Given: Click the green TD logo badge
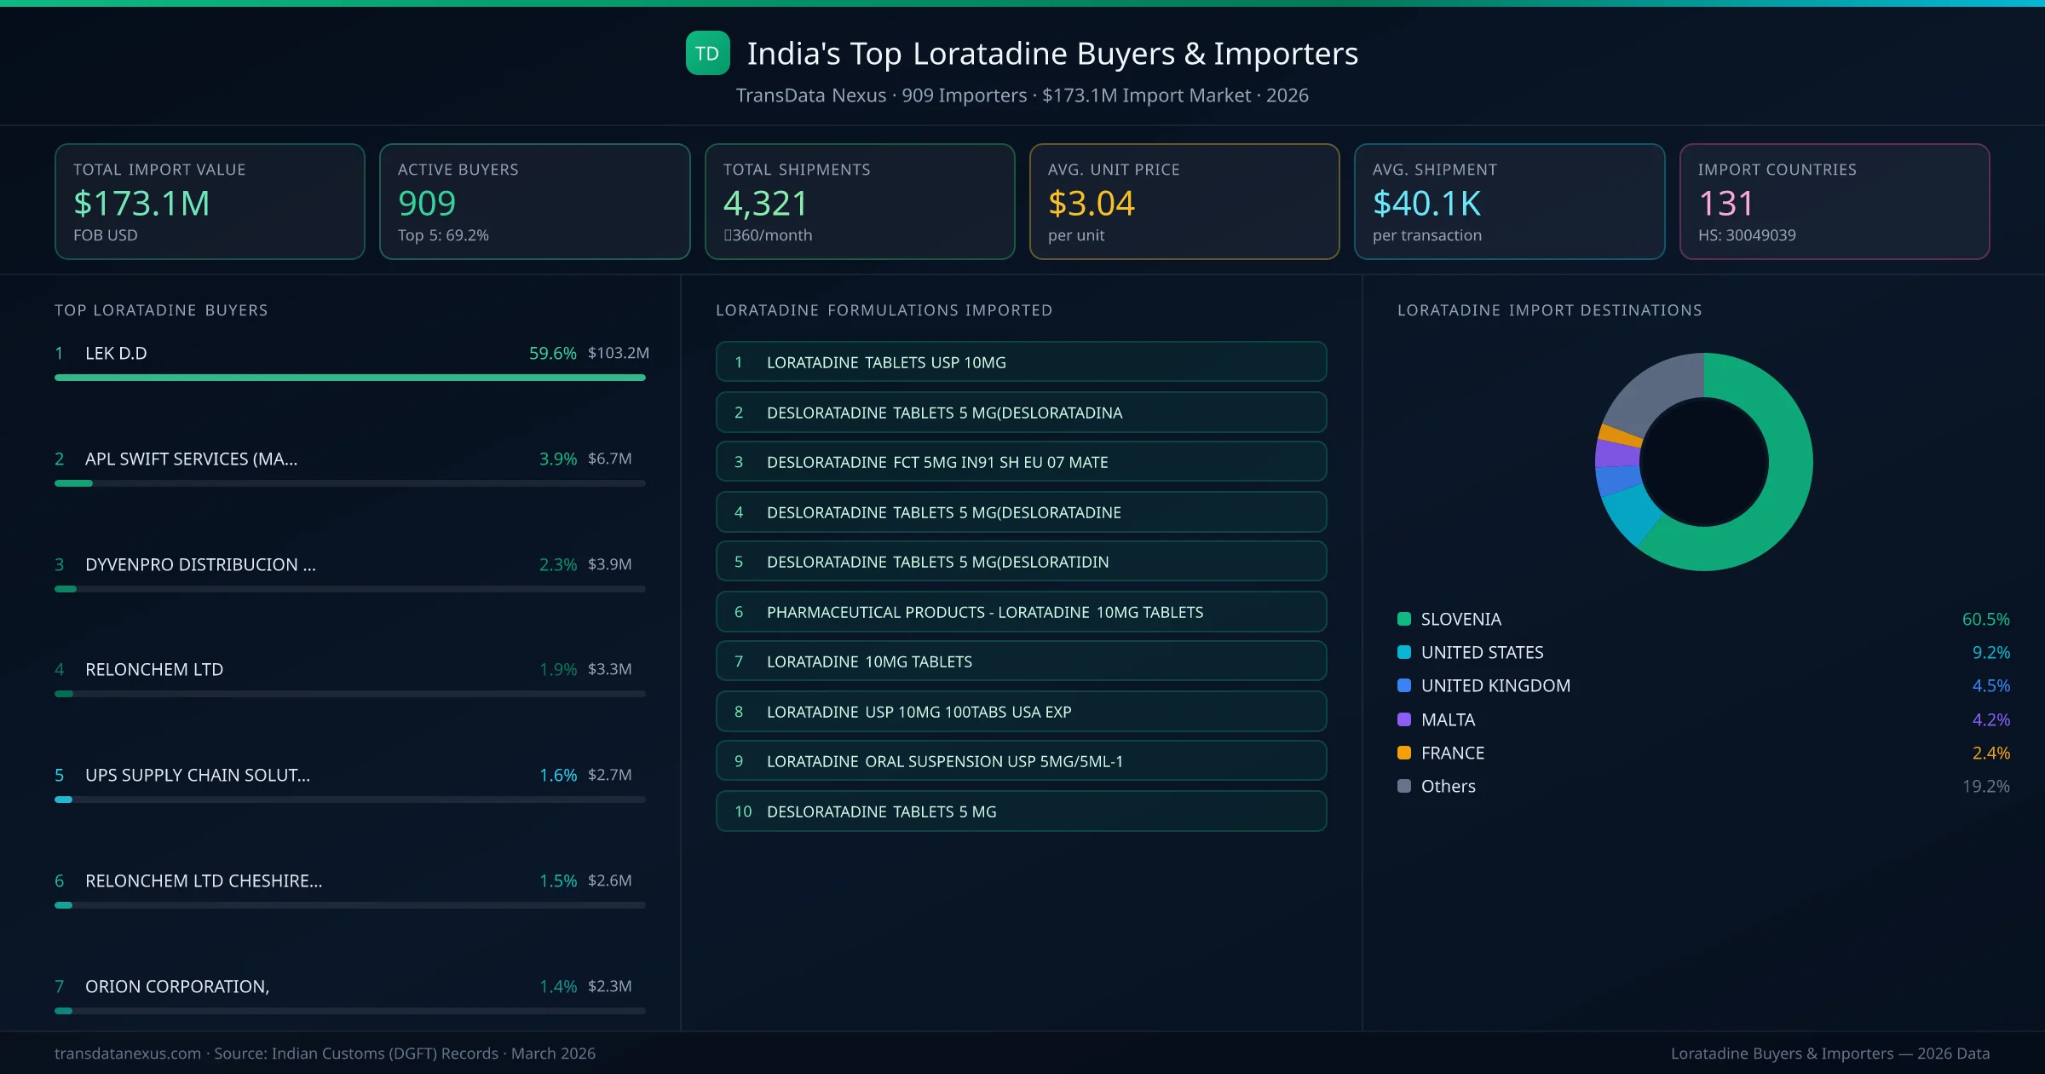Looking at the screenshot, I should point(707,53).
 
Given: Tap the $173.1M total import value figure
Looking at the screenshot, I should point(141,204).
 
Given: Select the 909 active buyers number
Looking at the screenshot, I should point(427,204).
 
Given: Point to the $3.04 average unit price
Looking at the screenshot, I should point(1091,204).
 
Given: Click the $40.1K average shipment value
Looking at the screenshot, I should point(1426,204).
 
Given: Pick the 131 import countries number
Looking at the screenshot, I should point(1725,204).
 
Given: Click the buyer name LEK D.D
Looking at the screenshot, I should point(116,353).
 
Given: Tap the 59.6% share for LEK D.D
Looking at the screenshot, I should point(552,353).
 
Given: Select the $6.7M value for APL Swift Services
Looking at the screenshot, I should point(609,459).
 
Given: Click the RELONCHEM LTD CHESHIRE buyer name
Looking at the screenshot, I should point(203,881).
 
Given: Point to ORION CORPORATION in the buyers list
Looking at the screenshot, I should point(176,986).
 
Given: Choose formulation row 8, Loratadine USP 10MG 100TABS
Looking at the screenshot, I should point(1021,712).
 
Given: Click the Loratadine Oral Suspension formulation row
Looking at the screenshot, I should point(1021,761).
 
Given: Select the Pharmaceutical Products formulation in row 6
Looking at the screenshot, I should point(1021,612).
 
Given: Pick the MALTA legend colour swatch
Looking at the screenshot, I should point(1404,719).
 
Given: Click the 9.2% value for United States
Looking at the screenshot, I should point(1990,652).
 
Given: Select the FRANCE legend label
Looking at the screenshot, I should point(1452,753).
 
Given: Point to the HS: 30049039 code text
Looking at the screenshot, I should point(1746,235).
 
